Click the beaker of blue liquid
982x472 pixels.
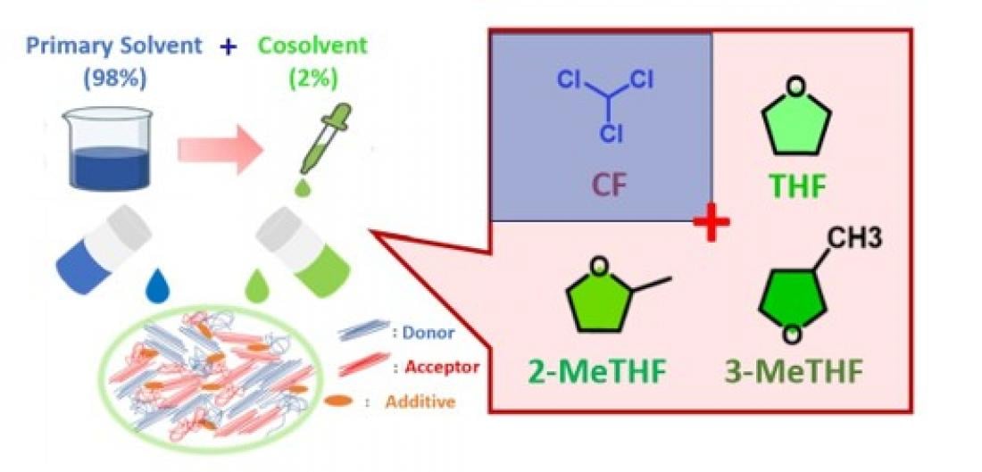click(108, 148)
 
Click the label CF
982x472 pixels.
click(609, 186)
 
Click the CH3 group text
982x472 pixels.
click(855, 238)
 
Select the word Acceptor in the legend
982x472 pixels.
click(442, 366)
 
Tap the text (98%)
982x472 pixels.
click(115, 79)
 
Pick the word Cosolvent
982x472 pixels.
click(312, 46)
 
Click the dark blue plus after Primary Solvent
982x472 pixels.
click(228, 47)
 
